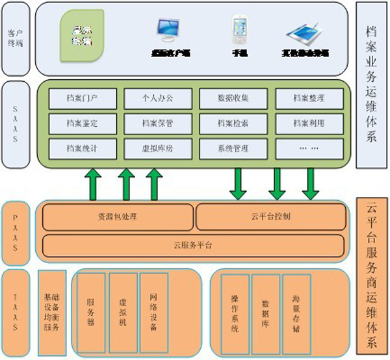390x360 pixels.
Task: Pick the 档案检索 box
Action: point(233,122)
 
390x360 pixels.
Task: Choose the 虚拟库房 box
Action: point(158,147)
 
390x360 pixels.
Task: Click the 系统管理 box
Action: point(233,147)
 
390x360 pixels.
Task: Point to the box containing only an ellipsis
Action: point(309,147)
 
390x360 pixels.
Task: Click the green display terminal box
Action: point(81,36)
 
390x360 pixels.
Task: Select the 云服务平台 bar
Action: point(194,244)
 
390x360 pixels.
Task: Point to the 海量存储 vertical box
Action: point(296,313)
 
